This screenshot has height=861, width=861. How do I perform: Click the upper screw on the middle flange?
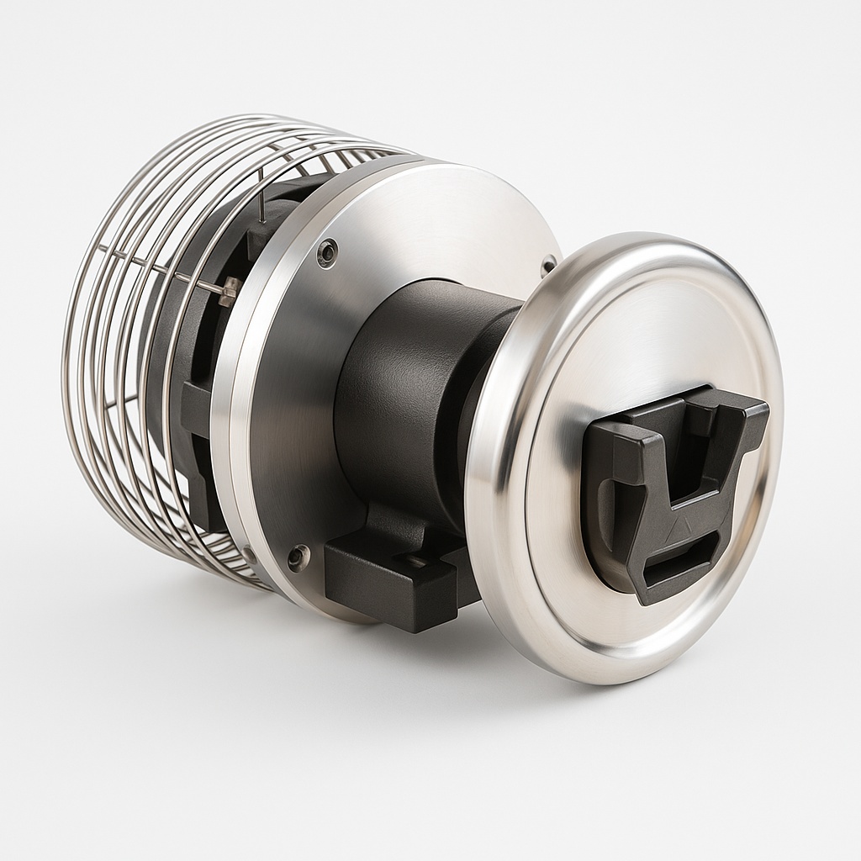(327, 251)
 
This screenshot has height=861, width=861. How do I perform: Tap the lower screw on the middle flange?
(298, 556)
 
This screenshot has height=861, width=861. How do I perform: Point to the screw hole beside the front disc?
(549, 264)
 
